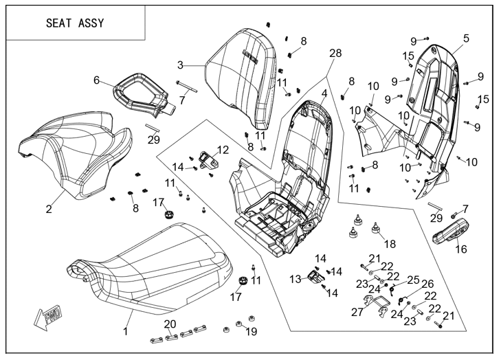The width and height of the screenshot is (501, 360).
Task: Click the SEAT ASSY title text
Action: click(x=75, y=23)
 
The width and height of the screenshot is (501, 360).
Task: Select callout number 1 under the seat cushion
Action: click(x=126, y=332)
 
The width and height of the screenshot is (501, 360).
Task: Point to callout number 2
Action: click(x=49, y=209)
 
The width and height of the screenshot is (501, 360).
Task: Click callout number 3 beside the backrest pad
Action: click(x=180, y=65)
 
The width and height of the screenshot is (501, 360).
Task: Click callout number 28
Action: click(x=335, y=54)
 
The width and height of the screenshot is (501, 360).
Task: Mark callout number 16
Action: click(x=460, y=249)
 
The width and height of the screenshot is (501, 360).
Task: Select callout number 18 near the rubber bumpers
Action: click(x=390, y=244)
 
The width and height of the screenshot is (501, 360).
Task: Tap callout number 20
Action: click(x=170, y=324)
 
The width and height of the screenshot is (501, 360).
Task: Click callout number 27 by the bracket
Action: click(x=357, y=313)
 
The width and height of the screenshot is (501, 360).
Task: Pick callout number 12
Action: click(x=222, y=149)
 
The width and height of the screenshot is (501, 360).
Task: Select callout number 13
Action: click(x=295, y=279)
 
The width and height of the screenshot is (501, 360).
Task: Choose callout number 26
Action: click(x=427, y=284)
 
